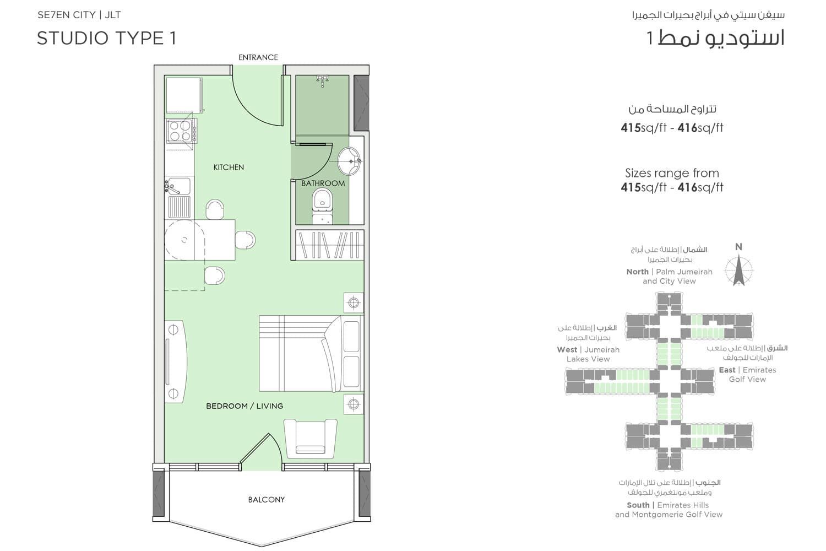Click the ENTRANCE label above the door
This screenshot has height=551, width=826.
click(x=258, y=57)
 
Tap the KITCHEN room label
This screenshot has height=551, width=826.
click(x=229, y=167)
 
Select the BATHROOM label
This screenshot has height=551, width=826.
click(x=323, y=183)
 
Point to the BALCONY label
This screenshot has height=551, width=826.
click(x=266, y=500)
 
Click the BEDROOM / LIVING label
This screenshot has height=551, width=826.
click(x=244, y=406)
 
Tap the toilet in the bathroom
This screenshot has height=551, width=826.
click(x=322, y=205)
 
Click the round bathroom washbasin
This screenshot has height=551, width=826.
click(x=349, y=161)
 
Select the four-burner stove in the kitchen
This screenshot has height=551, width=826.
click(x=180, y=131)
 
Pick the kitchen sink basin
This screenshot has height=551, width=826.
click(x=179, y=186)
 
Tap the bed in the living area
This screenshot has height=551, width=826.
click(x=309, y=353)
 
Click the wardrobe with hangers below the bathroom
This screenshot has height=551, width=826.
click(x=329, y=245)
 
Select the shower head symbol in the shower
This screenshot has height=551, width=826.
click(x=322, y=81)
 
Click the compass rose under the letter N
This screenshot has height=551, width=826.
click(x=738, y=271)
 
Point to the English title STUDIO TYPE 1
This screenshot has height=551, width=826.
click(x=106, y=38)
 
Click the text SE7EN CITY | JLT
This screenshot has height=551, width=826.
click(x=79, y=15)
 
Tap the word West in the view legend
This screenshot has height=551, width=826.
click(x=567, y=350)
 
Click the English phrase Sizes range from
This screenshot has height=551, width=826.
click(x=672, y=173)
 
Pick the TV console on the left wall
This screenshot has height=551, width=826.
click(x=175, y=361)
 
